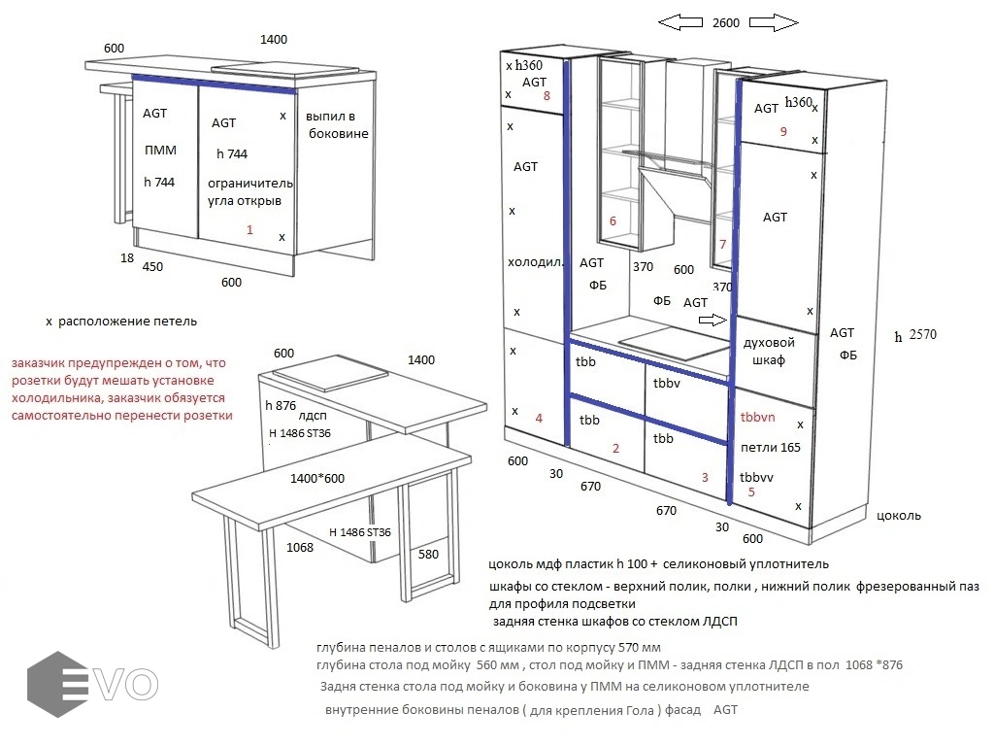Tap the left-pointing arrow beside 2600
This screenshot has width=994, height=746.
click(x=679, y=22)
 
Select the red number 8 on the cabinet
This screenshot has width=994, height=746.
click(x=547, y=96)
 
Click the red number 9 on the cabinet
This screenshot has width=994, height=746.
click(x=782, y=132)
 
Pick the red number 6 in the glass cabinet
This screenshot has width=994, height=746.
click(x=613, y=221)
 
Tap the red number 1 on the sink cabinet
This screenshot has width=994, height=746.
click(x=249, y=229)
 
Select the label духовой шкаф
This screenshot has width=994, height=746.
click(x=769, y=351)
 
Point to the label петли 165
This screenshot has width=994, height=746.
click(x=771, y=448)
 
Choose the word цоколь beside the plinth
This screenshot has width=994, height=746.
click(x=898, y=516)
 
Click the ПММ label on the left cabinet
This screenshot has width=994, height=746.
click(x=160, y=151)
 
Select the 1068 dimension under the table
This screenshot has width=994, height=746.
click(x=300, y=548)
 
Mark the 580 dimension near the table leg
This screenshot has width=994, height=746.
click(x=429, y=554)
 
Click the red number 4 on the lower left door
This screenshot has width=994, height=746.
click(x=539, y=419)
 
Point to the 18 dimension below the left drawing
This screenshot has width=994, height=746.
click(x=127, y=258)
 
